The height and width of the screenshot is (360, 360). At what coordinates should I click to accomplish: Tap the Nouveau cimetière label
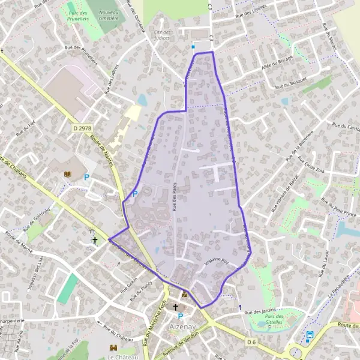(109, 14)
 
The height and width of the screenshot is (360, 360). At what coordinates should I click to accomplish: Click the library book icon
(67, 174)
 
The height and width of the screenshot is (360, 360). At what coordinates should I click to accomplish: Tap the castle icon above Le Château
(112, 347)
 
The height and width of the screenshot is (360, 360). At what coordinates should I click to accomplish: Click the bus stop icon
(310, 335)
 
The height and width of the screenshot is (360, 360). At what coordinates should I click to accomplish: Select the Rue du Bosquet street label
(291, 83)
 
